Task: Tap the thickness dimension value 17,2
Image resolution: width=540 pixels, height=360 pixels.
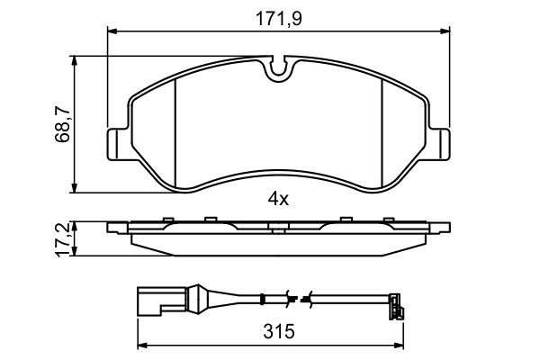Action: click(61, 239)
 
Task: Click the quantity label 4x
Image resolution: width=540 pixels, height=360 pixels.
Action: click(278, 200)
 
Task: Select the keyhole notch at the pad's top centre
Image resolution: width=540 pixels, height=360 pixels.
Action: click(279, 67)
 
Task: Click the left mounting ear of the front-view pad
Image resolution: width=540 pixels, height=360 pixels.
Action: click(117, 144)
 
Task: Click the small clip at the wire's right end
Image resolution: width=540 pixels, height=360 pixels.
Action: click(395, 307)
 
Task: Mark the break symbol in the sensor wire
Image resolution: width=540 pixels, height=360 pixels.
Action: click(297, 298)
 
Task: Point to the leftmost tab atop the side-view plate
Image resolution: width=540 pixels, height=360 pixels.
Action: click(167, 219)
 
